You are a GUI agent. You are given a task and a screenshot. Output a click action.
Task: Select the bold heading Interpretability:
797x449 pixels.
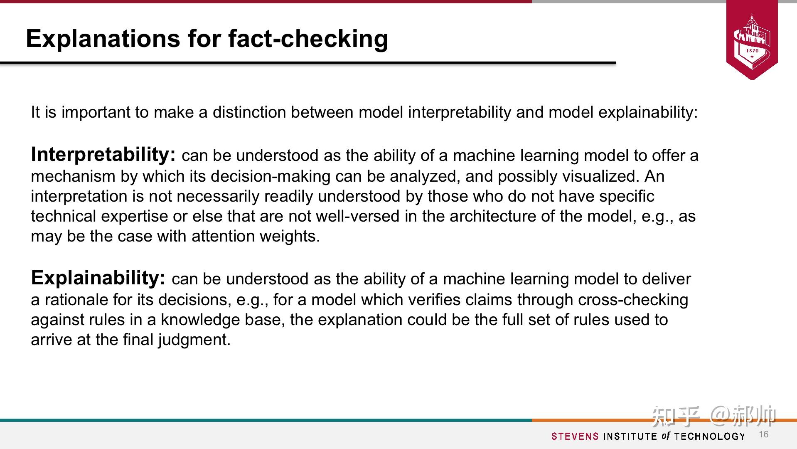pyautogui.click(x=103, y=155)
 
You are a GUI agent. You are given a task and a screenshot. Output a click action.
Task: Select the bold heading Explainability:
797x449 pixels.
pyautogui.click(x=98, y=278)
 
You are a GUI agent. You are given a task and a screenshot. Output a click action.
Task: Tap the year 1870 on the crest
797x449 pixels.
pyautogui.click(x=752, y=51)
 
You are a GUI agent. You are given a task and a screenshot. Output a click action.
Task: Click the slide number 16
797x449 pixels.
pyautogui.click(x=764, y=434)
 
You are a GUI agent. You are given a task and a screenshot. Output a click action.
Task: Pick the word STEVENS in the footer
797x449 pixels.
pyautogui.click(x=575, y=436)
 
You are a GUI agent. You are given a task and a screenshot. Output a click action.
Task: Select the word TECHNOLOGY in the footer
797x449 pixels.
pyautogui.click(x=709, y=436)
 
